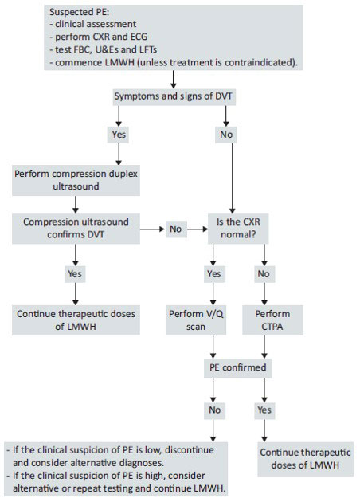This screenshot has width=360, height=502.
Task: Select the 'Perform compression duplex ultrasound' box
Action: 76,180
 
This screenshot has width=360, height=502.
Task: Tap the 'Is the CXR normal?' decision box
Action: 238,228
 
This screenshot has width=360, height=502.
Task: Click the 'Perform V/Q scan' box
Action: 196,320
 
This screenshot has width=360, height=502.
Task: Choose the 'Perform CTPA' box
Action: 272,320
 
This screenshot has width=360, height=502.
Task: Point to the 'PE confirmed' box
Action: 238,367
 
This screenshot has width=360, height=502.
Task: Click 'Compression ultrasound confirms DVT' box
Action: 76,228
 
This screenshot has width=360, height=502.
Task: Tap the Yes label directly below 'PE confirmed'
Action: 264,410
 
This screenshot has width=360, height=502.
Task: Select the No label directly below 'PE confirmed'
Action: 214,410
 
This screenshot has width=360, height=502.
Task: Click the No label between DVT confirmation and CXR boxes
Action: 176,229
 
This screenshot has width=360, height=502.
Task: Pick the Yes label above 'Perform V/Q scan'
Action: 213,274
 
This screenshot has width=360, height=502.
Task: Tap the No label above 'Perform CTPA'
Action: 264,274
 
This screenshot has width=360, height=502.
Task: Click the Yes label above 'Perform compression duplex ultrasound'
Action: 119,135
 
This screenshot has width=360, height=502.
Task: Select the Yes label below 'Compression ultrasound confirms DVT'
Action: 75,274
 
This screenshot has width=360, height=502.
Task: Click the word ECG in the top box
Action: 139,37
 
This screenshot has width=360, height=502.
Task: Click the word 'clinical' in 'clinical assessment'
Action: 68,25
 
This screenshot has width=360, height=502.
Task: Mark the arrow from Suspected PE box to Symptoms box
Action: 173,80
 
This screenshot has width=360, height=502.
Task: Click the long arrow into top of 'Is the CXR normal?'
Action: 232,178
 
